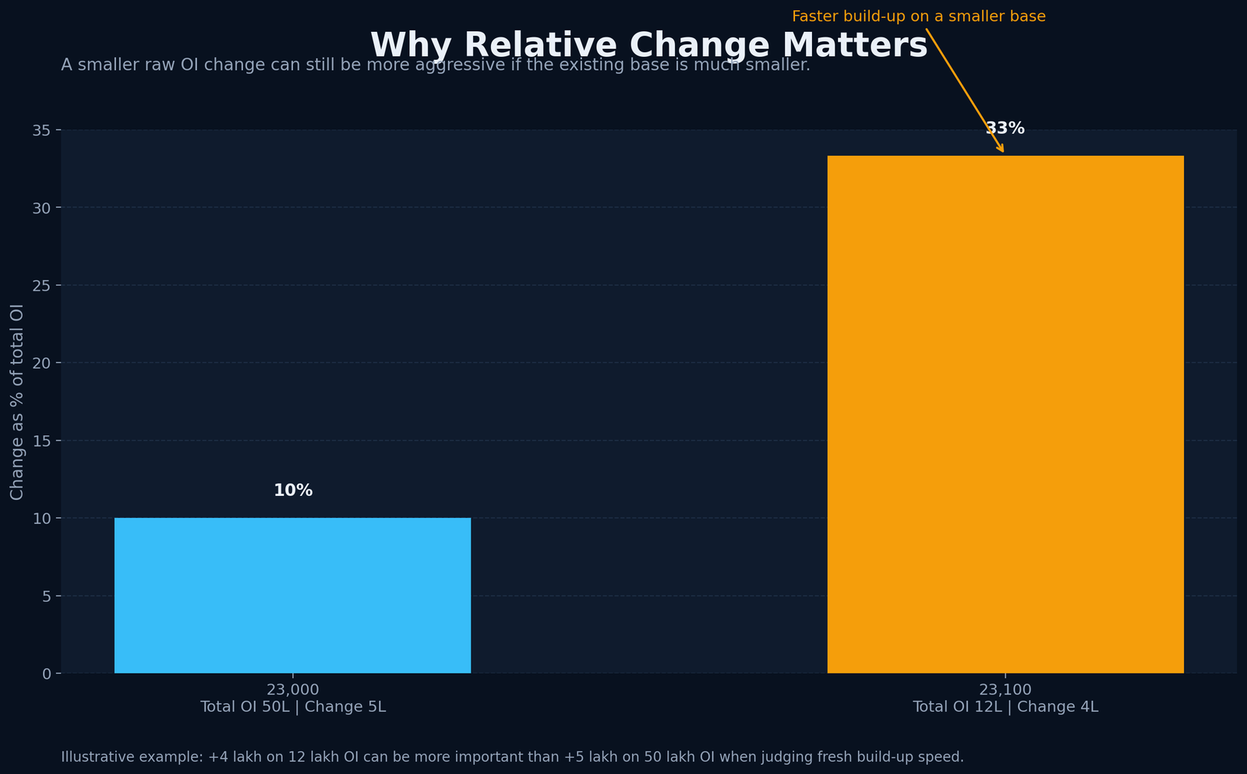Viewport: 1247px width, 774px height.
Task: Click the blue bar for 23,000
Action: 292,595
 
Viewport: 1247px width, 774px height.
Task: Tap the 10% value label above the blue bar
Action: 293,491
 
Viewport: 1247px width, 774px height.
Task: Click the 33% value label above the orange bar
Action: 1005,128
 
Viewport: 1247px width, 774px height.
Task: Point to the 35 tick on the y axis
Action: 43,130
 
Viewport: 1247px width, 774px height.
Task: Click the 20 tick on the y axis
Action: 43,363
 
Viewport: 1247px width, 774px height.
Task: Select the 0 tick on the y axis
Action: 47,674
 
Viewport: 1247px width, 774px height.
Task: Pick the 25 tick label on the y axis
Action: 43,285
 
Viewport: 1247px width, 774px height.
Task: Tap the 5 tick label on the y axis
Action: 47,596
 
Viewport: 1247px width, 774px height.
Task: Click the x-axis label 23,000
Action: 292,689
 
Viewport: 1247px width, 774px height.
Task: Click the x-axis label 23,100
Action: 1005,689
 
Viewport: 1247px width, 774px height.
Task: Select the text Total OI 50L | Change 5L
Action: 293,707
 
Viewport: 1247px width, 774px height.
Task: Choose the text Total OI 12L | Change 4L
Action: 1005,707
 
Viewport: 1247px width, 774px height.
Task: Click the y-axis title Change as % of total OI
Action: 17,402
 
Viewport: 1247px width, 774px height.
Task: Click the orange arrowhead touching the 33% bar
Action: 1001,150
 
